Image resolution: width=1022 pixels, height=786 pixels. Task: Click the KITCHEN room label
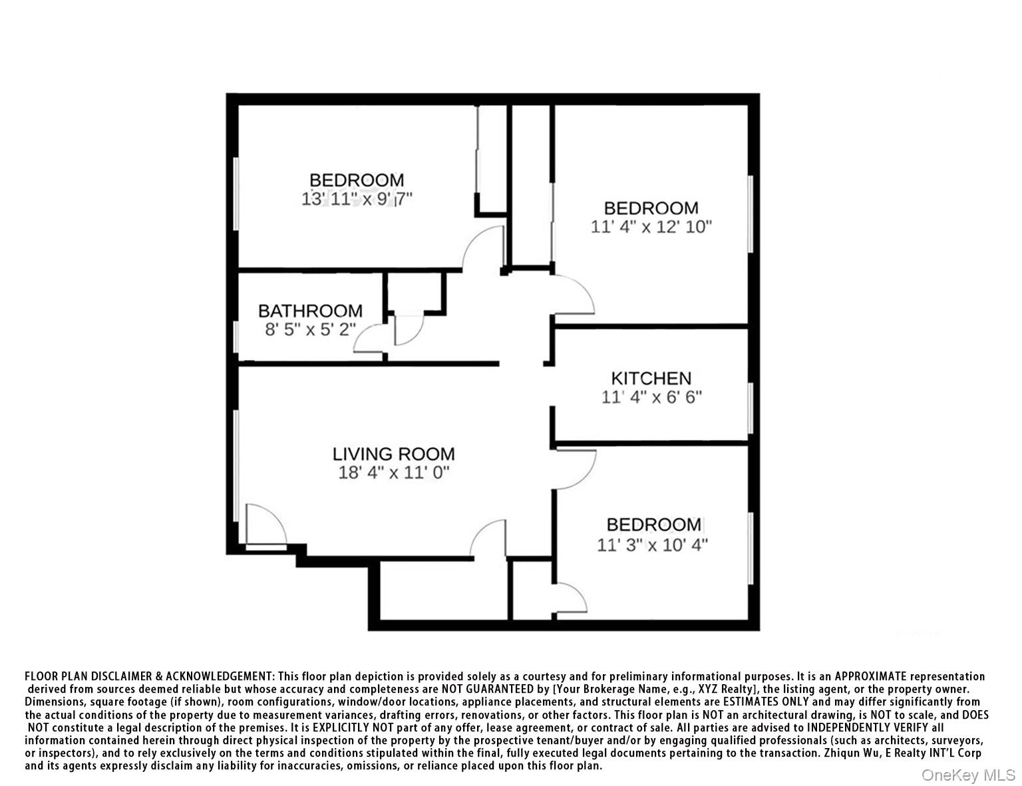coord(651,378)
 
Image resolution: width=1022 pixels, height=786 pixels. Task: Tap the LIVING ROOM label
coord(393,454)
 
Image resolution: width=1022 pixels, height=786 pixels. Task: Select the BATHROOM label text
coord(310,311)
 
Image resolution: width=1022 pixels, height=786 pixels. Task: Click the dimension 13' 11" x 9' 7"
coord(357,199)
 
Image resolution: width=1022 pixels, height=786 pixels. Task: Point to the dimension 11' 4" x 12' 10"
coord(651,227)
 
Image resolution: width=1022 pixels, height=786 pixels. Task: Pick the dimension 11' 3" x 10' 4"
coord(652,545)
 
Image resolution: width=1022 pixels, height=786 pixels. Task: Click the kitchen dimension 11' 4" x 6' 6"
coord(651,397)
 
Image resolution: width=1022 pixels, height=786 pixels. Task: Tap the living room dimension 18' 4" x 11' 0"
coord(394,473)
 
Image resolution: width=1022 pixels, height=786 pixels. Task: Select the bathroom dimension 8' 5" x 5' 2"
coord(310,329)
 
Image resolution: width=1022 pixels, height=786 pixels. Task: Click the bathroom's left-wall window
coord(236,336)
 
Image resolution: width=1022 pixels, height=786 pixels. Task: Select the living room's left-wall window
coord(236,466)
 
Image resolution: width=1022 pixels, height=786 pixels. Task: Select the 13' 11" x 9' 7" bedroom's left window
coord(236,193)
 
